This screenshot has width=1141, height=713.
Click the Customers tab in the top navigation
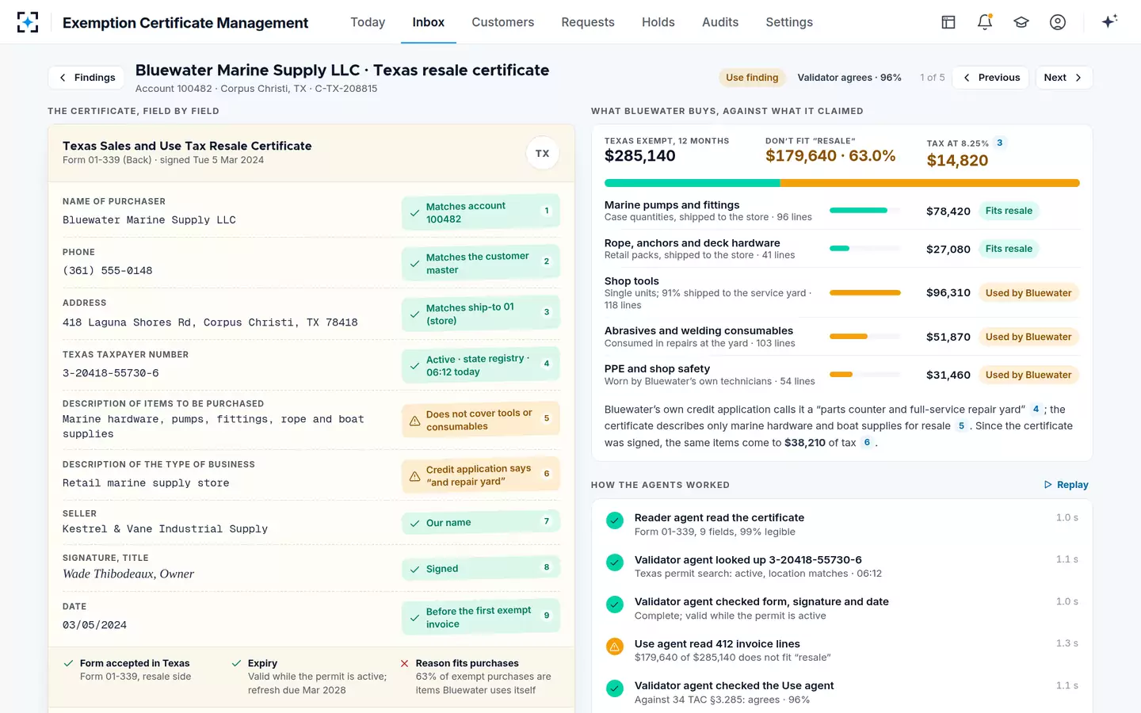coord(502,22)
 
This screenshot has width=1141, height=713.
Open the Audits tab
coord(719,22)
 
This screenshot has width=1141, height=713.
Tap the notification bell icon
coord(985,22)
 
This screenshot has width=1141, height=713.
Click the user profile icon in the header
coord(1058,22)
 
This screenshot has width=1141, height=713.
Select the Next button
coord(1063,78)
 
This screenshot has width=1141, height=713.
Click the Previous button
coord(990,78)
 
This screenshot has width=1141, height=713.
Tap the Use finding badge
coord(752,78)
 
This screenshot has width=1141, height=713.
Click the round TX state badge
coord(542,154)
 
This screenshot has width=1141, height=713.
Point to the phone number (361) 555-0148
coord(108,270)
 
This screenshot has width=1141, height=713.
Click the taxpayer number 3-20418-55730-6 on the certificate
coord(111,373)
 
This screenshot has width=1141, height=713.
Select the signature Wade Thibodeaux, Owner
coord(128,574)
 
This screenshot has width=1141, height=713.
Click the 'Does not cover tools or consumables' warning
coord(480,420)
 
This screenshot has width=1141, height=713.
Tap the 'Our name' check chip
coord(480,523)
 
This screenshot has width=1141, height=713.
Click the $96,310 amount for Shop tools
coord(948,293)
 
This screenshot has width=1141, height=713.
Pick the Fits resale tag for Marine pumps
coord(1009,211)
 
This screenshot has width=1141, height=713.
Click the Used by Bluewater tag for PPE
coord(1028,375)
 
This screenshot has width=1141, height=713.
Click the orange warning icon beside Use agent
coord(614,646)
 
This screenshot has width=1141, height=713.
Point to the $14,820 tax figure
coord(957,160)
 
